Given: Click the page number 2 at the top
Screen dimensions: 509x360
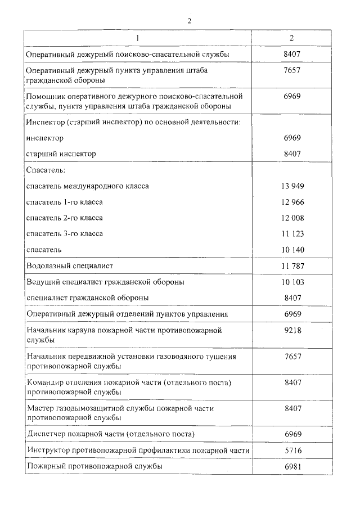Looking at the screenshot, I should click(190, 21).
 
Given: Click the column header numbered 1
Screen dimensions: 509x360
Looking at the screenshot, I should click(137, 38).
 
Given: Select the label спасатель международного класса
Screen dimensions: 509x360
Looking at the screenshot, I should click(88, 186).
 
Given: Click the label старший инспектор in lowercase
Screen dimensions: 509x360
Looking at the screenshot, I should click(61, 154).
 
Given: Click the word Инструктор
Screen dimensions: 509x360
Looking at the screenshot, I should click(48, 451).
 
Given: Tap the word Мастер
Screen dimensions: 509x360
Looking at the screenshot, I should click(39, 408).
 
